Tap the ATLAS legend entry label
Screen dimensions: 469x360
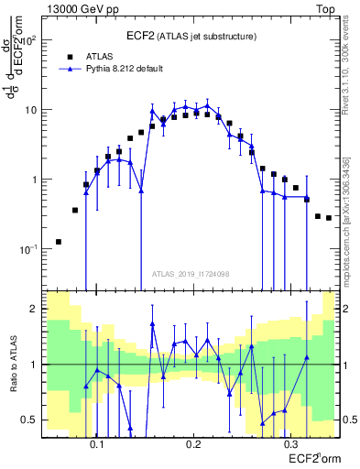(x=100, y=56)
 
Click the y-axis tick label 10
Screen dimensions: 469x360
(x=34, y=110)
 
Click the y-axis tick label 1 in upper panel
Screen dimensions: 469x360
(x=38, y=180)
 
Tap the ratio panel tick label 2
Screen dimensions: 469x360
(x=38, y=309)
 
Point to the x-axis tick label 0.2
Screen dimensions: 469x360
(x=193, y=444)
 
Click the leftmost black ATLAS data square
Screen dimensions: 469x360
(x=59, y=242)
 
